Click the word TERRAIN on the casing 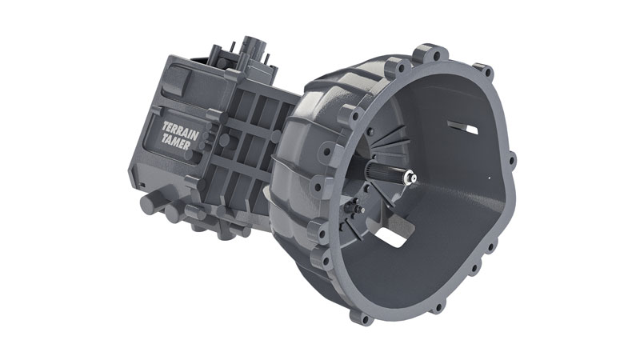(181, 131)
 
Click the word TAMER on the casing (175, 142)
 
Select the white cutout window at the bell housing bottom (390, 237)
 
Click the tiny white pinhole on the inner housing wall (490, 177)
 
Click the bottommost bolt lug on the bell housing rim (361, 315)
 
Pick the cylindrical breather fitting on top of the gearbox (254, 47)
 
